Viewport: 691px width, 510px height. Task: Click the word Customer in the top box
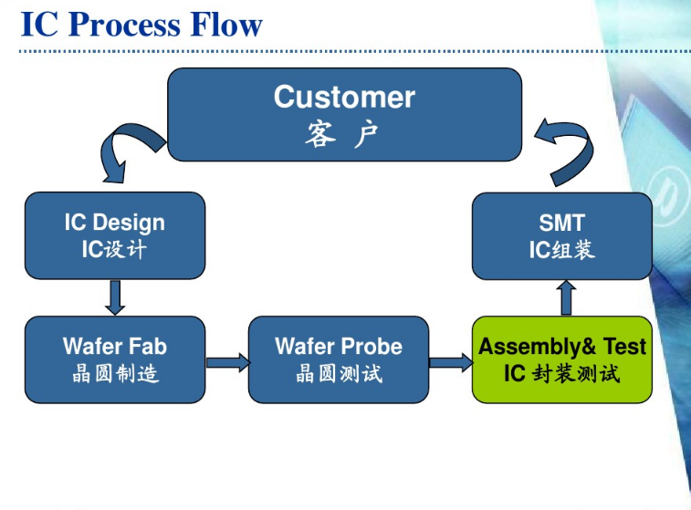click(x=344, y=97)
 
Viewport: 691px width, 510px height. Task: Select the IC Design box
click(x=115, y=235)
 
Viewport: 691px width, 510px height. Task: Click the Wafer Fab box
click(x=115, y=359)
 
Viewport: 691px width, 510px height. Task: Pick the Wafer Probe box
click(x=339, y=359)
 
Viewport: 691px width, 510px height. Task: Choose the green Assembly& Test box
click(x=562, y=359)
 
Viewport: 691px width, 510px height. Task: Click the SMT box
click(x=562, y=235)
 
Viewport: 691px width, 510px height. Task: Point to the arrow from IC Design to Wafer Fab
click(x=115, y=297)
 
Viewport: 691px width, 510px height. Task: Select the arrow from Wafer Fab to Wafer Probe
click(x=227, y=362)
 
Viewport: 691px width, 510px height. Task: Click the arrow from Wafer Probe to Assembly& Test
click(x=451, y=362)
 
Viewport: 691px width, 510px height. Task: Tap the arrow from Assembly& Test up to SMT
click(x=567, y=297)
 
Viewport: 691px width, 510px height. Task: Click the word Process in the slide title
click(x=129, y=24)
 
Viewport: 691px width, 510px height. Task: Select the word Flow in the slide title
click(x=226, y=24)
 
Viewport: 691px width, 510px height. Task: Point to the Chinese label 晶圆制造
click(x=115, y=373)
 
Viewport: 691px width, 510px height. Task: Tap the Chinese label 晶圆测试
click(x=339, y=373)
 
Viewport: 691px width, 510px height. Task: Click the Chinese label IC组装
click(x=562, y=249)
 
